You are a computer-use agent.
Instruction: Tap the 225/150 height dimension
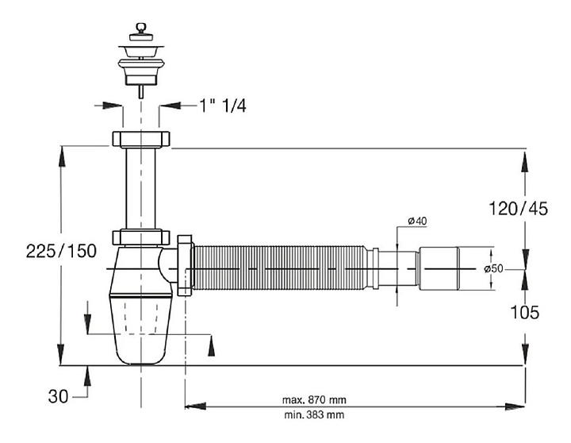coord(60,251)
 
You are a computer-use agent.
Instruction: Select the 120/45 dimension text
coord(519,209)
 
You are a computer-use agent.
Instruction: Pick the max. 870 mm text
coord(314,399)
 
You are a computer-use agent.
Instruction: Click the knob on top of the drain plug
coord(140,31)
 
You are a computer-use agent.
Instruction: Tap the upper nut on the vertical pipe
coord(141,140)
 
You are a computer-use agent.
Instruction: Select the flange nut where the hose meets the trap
coord(185,264)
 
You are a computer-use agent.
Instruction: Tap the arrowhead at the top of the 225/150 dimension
coord(62,152)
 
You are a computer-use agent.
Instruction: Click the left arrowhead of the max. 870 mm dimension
coord(190,406)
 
